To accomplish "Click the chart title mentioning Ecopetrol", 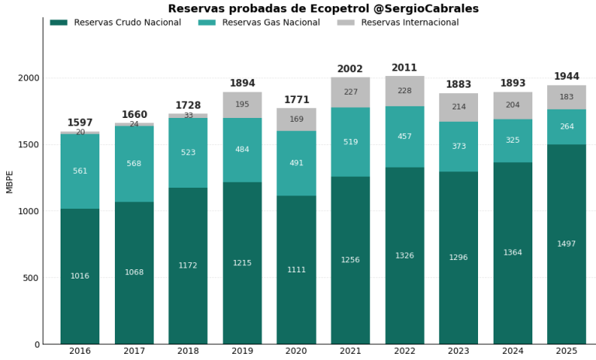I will tap(334, 9).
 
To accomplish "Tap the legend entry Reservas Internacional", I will tap(410, 22).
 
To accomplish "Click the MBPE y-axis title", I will tap(10, 182).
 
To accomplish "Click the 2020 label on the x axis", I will tap(296, 351).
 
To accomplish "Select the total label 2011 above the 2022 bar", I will tap(404, 68).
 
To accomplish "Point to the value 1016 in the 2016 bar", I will tap(80, 276).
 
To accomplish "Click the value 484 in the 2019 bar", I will tap(242, 150).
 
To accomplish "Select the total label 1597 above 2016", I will tap(80, 123).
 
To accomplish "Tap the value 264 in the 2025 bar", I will tap(567, 126).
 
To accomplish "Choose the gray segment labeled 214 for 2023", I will tap(459, 107).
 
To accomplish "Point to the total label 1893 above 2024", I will tap(513, 83).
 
